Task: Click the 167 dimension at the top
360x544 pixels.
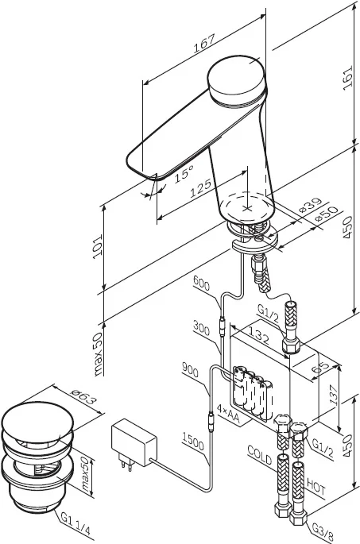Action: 204,43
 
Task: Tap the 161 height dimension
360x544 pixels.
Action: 347,78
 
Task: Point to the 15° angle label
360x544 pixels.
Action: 184,173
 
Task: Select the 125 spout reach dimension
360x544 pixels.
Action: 200,188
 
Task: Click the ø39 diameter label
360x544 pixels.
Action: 311,205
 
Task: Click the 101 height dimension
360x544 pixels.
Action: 98,246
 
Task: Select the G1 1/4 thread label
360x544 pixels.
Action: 75,523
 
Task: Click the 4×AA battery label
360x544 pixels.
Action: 228,414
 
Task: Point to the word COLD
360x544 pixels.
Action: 259,455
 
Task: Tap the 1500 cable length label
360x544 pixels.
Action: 193,441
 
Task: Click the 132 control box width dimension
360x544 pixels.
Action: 257,335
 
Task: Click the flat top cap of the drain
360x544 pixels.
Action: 37,421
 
